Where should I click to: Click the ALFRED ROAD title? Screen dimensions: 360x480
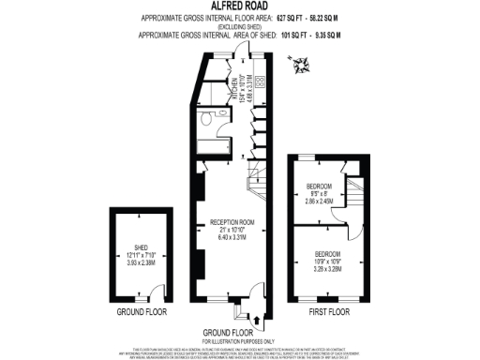(239, 7)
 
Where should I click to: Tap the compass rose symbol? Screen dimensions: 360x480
(305, 67)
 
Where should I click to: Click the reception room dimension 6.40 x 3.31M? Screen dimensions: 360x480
(232, 240)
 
